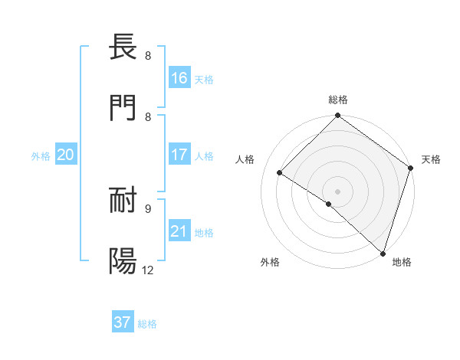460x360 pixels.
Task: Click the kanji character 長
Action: (x=123, y=47)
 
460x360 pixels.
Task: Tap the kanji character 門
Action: (x=123, y=108)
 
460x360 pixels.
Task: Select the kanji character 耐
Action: (x=123, y=200)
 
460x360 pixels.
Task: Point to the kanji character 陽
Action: (x=123, y=260)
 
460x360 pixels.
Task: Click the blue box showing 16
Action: (x=179, y=78)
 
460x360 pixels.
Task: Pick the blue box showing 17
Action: (x=179, y=155)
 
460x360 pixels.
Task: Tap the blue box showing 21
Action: (x=179, y=231)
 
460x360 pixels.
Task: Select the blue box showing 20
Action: (x=66, y=155)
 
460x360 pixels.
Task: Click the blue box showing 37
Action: (x=123, y=322)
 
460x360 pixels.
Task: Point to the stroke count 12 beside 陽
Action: (x=148, y=270)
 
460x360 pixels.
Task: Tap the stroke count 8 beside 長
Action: (x=147, y=56)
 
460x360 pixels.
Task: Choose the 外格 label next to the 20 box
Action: (x=41, y=156)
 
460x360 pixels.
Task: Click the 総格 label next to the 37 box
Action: (x=147, y=324)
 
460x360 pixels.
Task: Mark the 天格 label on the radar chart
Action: (x=431, y=159)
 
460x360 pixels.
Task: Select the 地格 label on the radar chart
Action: (x=402, y=262)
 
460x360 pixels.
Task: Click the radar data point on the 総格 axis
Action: (x=337, y=116)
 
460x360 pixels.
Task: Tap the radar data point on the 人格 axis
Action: (x=280, y=172)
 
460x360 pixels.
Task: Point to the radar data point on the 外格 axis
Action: (x=329, y=204)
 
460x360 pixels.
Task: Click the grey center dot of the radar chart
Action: (x=337, y=191)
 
